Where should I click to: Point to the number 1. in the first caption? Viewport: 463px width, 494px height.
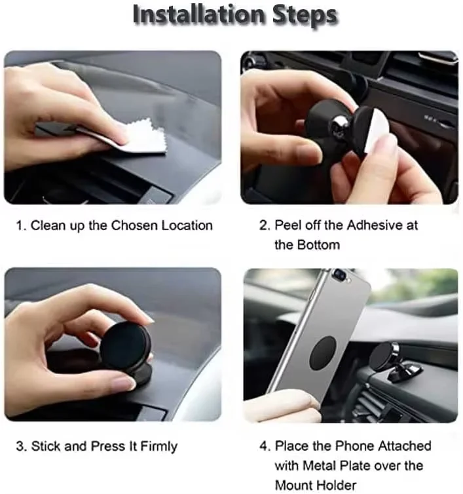[x=21, y=225]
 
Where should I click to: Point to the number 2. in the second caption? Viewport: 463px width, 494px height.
[x=265, y=225]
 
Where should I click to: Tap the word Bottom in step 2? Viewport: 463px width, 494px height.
[x=317, y=245]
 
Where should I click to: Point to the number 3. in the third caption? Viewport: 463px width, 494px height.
[x=21, y=446]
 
